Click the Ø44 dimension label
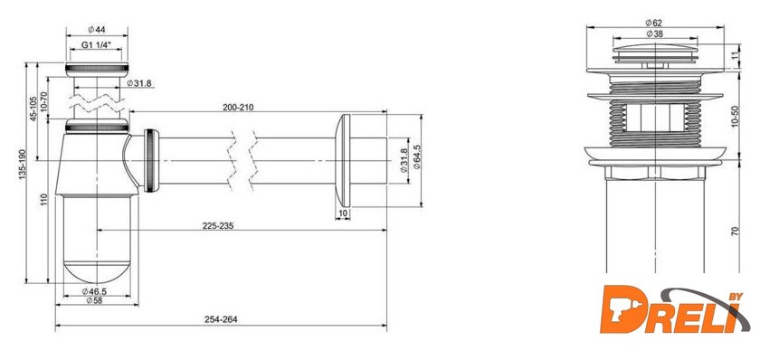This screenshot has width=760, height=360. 97,30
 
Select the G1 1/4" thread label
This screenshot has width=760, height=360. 97,44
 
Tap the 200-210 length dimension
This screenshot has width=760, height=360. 239,107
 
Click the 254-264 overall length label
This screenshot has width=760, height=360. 221,319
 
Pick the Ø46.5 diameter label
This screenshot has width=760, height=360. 94,291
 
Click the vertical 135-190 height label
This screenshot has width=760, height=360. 22,165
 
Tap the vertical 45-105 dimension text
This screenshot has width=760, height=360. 33,109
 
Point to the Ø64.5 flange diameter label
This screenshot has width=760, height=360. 417,156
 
